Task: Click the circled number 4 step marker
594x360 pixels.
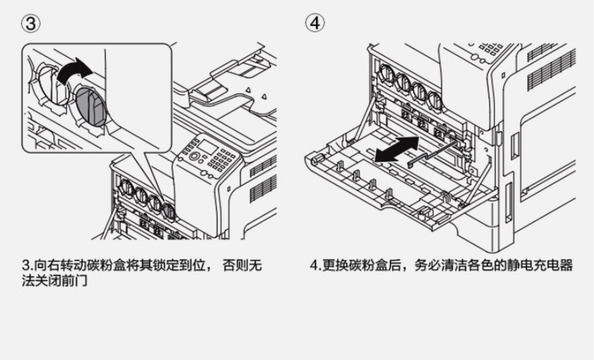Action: pos(315,23)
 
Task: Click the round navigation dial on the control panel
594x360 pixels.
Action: pos(195,157)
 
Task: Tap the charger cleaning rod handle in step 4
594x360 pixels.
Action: pos(411,163)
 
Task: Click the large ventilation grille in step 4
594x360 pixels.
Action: pos(550,68)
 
